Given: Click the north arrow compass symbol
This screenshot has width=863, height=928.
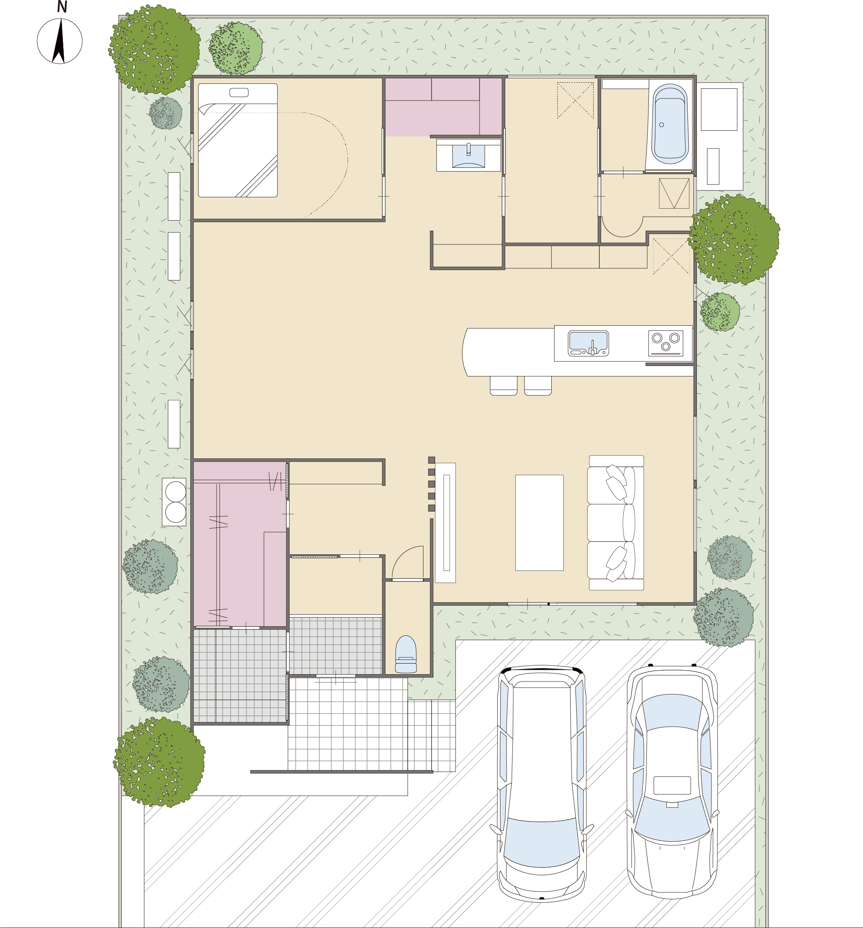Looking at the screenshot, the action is click(x=60, y=41).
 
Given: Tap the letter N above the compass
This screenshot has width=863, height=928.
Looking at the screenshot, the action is click(x=62, y=7).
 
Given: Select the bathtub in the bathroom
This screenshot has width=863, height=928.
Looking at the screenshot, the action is click(x=669, y=124).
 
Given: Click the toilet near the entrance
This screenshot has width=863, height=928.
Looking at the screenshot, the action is click(x=405, y=654).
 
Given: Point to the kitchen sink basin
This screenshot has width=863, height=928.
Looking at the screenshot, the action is click(x=588, y=343).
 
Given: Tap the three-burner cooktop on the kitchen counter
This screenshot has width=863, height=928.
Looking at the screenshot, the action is click(x=666, y=343).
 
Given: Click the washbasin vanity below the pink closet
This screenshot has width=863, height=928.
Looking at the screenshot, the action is click(x=468, y=155).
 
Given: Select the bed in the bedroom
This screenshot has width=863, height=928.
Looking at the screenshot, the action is click(x=238, y=140).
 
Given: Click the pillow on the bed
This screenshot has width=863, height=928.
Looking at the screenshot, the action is click(x=239, y=92).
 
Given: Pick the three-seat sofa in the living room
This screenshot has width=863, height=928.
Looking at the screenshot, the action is click(x=616, y=523).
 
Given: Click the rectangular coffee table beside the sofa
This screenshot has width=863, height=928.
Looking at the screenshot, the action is click(x=539, y=523).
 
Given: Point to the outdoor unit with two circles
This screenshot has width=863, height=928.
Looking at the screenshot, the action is click(x=174, y=502).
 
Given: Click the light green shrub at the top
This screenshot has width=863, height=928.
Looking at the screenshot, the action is click(x=236, y=48).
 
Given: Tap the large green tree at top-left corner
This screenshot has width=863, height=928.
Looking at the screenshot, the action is click(x=154, y=50).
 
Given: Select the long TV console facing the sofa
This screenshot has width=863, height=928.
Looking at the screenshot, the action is click(x=446, y=523).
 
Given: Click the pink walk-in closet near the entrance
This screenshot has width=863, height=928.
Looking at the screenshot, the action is click(x=240, y=544).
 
